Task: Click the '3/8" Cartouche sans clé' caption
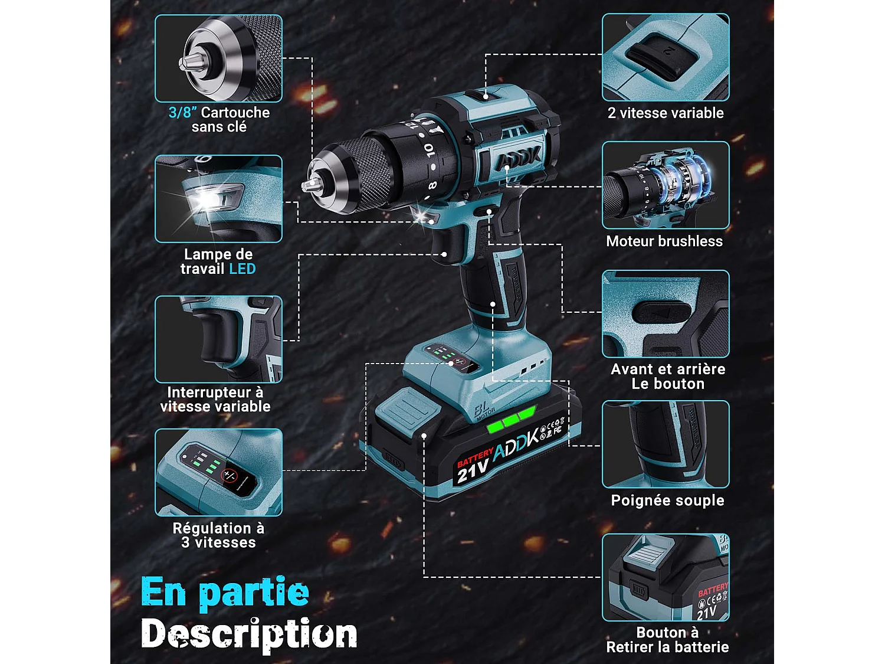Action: click(x=219, y=120)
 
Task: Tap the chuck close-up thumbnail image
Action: click(x=218, y=58)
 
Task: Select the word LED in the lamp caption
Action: click(x=242, y=269)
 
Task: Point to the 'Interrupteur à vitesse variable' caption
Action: click(x=215, y=400)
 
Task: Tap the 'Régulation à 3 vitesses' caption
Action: click(x=218, y=535)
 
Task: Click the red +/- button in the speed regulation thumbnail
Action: click(x=229, y=476)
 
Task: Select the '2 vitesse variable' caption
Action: click(x=666, y=113)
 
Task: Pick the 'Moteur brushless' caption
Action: click(x=664, y=241)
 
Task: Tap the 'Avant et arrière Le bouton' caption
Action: click(x=668, y=377)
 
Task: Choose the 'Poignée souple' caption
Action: click(x=667, y=501)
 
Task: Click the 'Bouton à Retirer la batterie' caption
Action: click(x=667, y=640)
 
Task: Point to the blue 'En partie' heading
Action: click(x=225, y=592)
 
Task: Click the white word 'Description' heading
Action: click(x=249, y=634)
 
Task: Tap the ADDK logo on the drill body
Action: click(x=517, y=158)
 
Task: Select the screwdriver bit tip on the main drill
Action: click(x=307, y=186)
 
